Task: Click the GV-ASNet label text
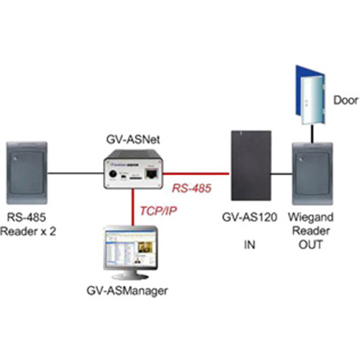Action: click(x=133, y=140)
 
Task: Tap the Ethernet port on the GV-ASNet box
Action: click(x=151, y=173)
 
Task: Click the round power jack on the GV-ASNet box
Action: click(x=112, y=174)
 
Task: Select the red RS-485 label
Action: click(x=192, y=188)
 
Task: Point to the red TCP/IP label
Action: click(x=158, y=211)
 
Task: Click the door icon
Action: click(x=310, y=95)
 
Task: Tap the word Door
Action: click(x=346, y=100)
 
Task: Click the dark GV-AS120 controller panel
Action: click(x=251, y=166)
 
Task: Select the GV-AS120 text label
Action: click(x=250, y=217)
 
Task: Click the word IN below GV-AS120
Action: click(x=250, y=245)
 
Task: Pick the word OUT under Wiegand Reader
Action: click(x=310, y=245)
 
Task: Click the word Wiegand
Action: click(x=310, y=217)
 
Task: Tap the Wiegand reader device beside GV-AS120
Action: click(x=312, y=174)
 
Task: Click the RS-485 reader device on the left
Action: click(x=27, y=173)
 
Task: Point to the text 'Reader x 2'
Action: click(x=28, y=232)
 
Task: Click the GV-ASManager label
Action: click(x=127, y=291)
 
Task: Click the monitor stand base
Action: click(x=130, y=276)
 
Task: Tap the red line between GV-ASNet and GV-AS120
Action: click(x=196, y=173)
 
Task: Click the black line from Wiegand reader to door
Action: click(x=312, y=134)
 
